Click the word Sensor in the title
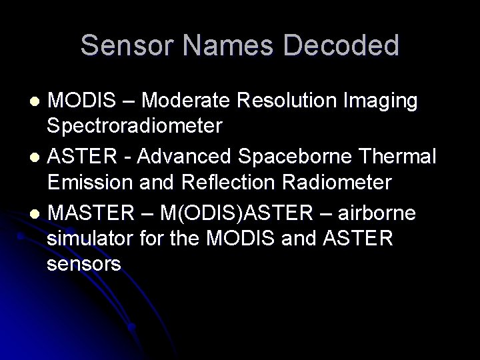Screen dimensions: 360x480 pos(124,45)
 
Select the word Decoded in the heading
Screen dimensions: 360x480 pos(342,45)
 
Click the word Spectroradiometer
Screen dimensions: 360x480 pos(135,125)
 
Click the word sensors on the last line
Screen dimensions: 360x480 pos(85,265)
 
